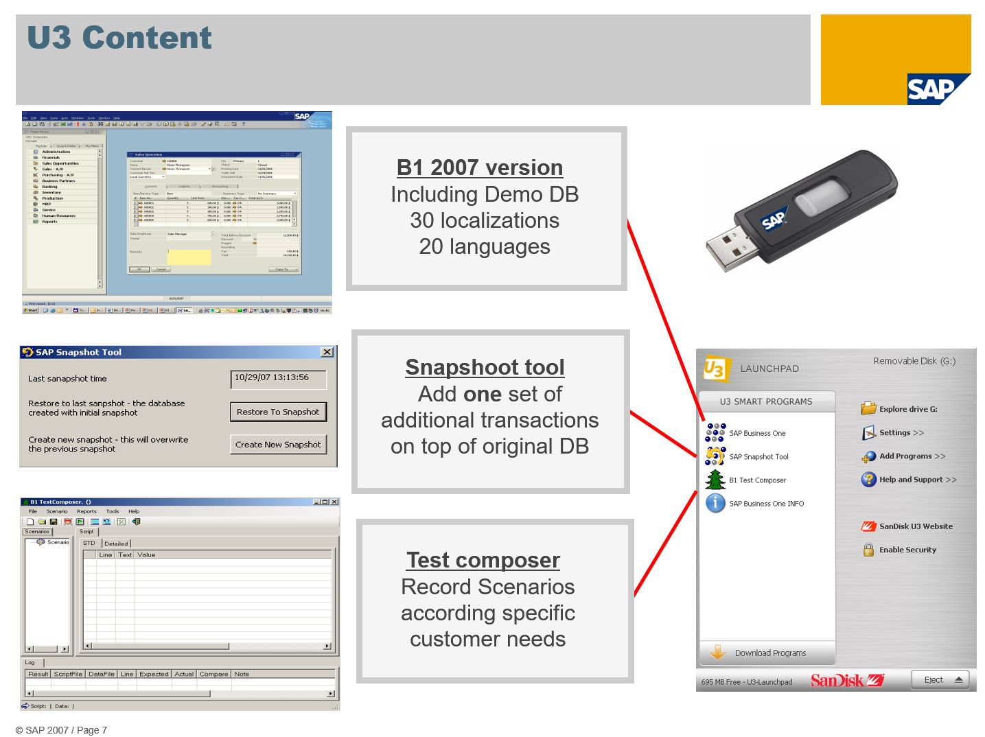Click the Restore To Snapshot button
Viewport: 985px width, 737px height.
(278, 412)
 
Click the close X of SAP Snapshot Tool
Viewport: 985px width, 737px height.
(327, 352)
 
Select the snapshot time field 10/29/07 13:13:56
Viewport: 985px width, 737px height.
(278, 378)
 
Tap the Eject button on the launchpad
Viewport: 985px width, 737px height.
(939, 680)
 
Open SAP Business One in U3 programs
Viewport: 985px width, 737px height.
(756, 433)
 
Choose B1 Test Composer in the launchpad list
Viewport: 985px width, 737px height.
(756, 480)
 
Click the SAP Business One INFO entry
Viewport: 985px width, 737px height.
(765, 504)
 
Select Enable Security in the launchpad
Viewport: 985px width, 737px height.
(907, 550)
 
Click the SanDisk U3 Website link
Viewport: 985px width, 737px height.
(915, 526)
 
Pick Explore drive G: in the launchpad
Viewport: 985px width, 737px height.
(907, 409)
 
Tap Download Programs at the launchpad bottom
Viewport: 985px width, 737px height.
(769, 653)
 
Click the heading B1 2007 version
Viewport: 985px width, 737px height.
(480, 167)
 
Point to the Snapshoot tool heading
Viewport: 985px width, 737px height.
(485, 367)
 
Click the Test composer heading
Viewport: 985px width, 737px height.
(483, 560)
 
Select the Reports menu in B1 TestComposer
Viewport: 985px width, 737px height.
(86, 511)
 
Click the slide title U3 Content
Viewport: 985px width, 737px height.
(119, 38)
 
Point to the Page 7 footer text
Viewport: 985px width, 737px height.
(92, 730)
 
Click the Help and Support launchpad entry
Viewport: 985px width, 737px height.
(917, 480)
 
